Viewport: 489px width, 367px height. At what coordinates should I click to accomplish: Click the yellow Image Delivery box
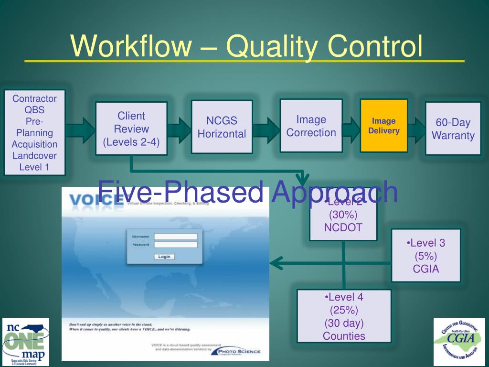(384, 126)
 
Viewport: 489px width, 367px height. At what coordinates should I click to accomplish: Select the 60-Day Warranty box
(453, 129)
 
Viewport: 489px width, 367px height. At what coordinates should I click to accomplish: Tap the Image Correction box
(311, 126)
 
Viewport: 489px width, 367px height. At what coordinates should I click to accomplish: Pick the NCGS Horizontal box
(222, 127)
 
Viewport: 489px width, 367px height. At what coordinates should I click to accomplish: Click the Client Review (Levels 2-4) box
(131, 129)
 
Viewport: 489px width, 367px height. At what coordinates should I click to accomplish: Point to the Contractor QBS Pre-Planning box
(34, 132)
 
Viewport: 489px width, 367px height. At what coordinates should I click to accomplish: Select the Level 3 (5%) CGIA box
(425, 256)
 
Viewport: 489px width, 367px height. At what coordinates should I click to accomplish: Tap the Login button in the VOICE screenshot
(164, 257)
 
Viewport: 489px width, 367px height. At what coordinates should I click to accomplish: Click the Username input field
(175, 237)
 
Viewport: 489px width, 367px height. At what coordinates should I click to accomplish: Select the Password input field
(175, 245)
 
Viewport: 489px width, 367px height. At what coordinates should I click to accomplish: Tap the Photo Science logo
(239, 352)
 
